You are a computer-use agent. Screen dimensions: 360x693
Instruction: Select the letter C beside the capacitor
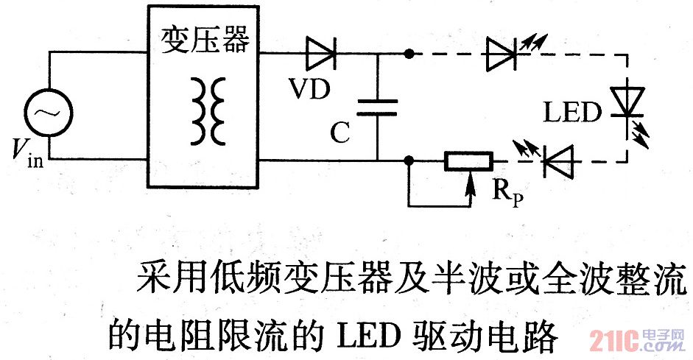[x=340, y=133]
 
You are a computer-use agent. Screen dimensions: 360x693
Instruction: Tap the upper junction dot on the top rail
[x=409, y=53]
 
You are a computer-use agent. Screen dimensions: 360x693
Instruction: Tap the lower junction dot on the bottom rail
[x=409, y=160]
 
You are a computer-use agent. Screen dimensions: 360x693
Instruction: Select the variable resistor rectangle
[x=467, y=160]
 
